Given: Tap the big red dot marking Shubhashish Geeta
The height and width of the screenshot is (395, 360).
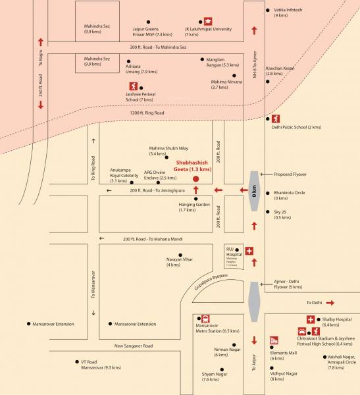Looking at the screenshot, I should coord(195,178).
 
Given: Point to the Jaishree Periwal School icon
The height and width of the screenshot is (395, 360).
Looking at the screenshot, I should coord(134,86).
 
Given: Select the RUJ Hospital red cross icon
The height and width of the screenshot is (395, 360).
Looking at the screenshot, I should coord(249,251).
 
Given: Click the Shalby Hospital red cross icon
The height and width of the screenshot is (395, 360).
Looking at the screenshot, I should coord(310,320).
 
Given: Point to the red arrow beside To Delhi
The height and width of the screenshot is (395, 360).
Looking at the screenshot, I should coord(330,303).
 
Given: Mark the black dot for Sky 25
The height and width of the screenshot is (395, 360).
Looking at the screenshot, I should coord(267,213).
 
